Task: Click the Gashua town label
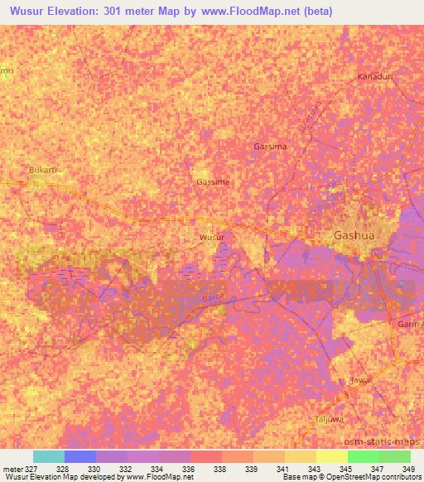(x=354, y=235)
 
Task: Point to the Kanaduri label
(x=374, y=76)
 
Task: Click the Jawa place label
(x=359, y=380)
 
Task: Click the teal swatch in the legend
(x=49, y=456)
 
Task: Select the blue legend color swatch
(x=80, y=456)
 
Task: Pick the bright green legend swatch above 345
(x=364, y=456)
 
